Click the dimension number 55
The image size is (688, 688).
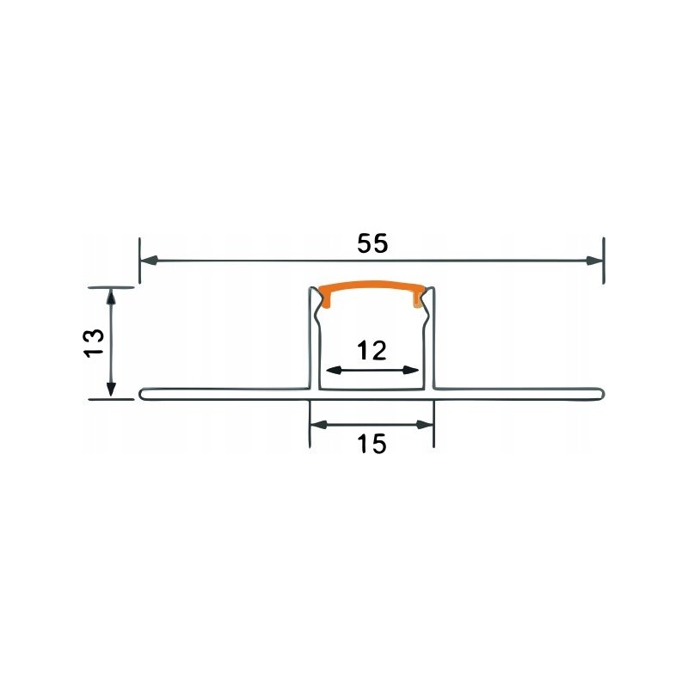(x=372, y=243)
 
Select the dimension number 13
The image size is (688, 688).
(x=95, y=342)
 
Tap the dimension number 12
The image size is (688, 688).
(x=372, y=350)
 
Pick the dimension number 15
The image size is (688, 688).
(x=372, y=444)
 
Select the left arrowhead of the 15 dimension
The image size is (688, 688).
(x=317, y=424)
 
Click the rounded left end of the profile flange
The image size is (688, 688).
(x=141, y=394)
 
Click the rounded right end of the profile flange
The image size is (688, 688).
(x=599, y=394)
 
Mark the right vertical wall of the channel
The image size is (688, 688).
(x=432, y=340)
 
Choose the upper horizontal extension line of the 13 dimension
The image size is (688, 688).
(x=111, y=286)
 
